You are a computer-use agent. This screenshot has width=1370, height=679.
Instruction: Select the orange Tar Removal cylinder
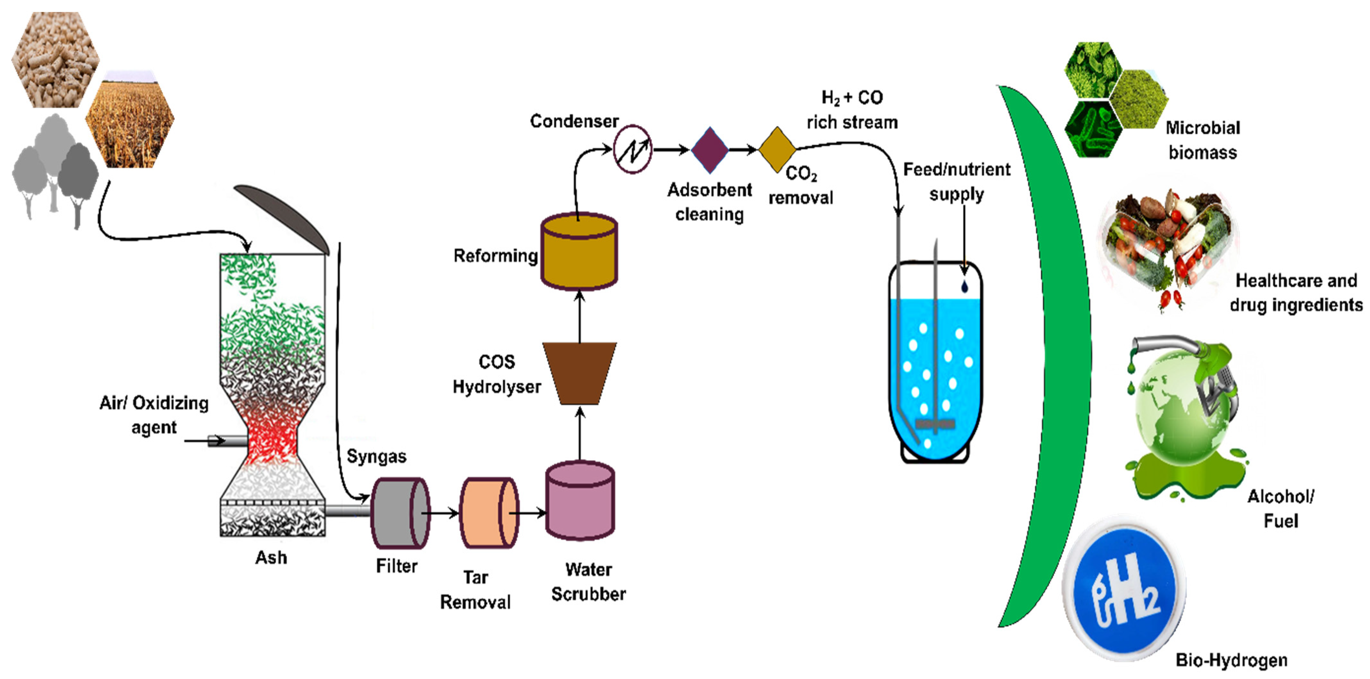pyautogui.click(x=486, y=513)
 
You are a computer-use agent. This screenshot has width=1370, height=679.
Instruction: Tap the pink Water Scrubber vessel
pyautogui.click(x=580, y=502)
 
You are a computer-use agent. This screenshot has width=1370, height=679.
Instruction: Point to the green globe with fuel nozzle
pyautogui.click(x=1183, y=415)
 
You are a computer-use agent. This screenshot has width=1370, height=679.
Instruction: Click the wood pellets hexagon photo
pyautogui.click(x=55, y=58)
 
